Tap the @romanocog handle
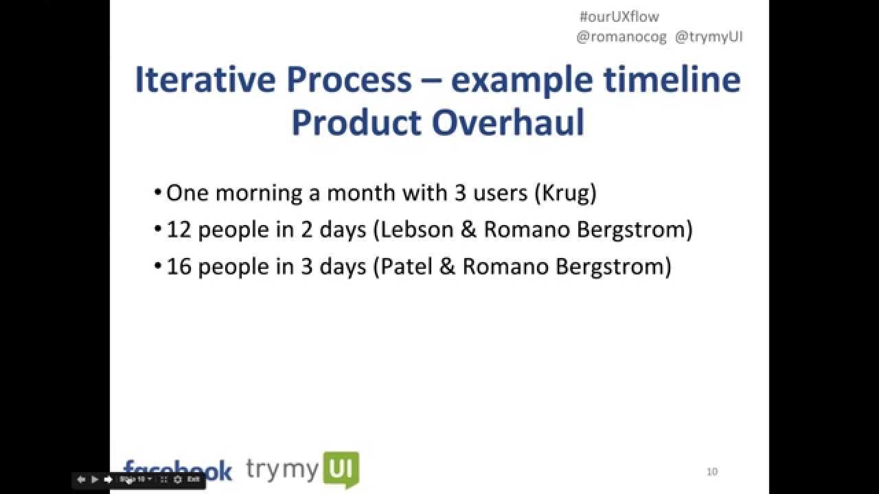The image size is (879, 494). pyautogui.click(x=621, y=38)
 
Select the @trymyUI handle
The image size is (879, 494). pyautogui.click(x=709, y=38)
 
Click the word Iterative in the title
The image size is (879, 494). pyautogui.click(x=203, y=80)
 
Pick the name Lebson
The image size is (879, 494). pyautogui.click(x=417, y=230)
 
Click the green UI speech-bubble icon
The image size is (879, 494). pyautogui.click(x=341, y=470)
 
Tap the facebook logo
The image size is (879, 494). pyautogui.click(x=178, y=470)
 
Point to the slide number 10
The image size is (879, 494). pyautogui.click(x=712, y=471)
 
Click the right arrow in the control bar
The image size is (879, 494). pyautogui.click(x=108, y=480)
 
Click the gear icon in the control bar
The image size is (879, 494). pyautogui.click(x=178, y=480)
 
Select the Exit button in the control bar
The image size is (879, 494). pyautogui.click(x=194, y=480)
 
